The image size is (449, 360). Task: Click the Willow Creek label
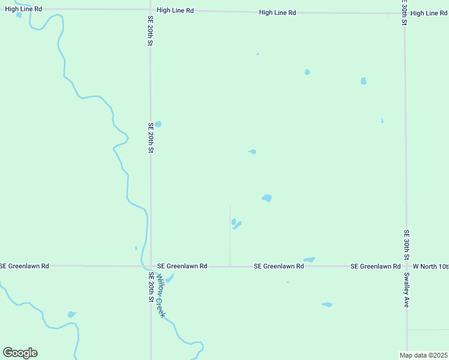tap(160, 296)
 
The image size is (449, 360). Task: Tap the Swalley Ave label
tap(406, 290)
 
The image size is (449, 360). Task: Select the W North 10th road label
tap(430, 266)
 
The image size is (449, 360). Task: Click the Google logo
tap(20, 353)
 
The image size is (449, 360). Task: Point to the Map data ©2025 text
tap(423, 355)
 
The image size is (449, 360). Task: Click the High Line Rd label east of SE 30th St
tap(429, 13)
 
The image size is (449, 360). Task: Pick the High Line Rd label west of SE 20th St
tap(23, 9)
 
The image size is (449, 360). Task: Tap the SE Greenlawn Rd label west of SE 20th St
tap(25, 265)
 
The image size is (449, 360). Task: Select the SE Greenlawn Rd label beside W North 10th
tap(375, 266)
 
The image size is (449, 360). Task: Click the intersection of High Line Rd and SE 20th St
tap(150, 10)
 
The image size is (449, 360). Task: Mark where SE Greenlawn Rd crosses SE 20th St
tap(150, 266)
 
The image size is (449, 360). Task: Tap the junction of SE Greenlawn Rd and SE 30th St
tap(406, 266)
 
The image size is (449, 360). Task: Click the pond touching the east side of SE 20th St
tap(158, 124)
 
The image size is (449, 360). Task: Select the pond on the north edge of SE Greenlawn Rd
tap(309, 260)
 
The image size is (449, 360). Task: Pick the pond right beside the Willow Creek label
tap(169, 278)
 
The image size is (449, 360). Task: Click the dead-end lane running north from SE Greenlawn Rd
tap(230, 234)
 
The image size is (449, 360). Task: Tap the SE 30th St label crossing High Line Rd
tap(405, 12)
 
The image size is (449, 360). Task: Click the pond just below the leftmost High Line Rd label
tap(19, 15)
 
